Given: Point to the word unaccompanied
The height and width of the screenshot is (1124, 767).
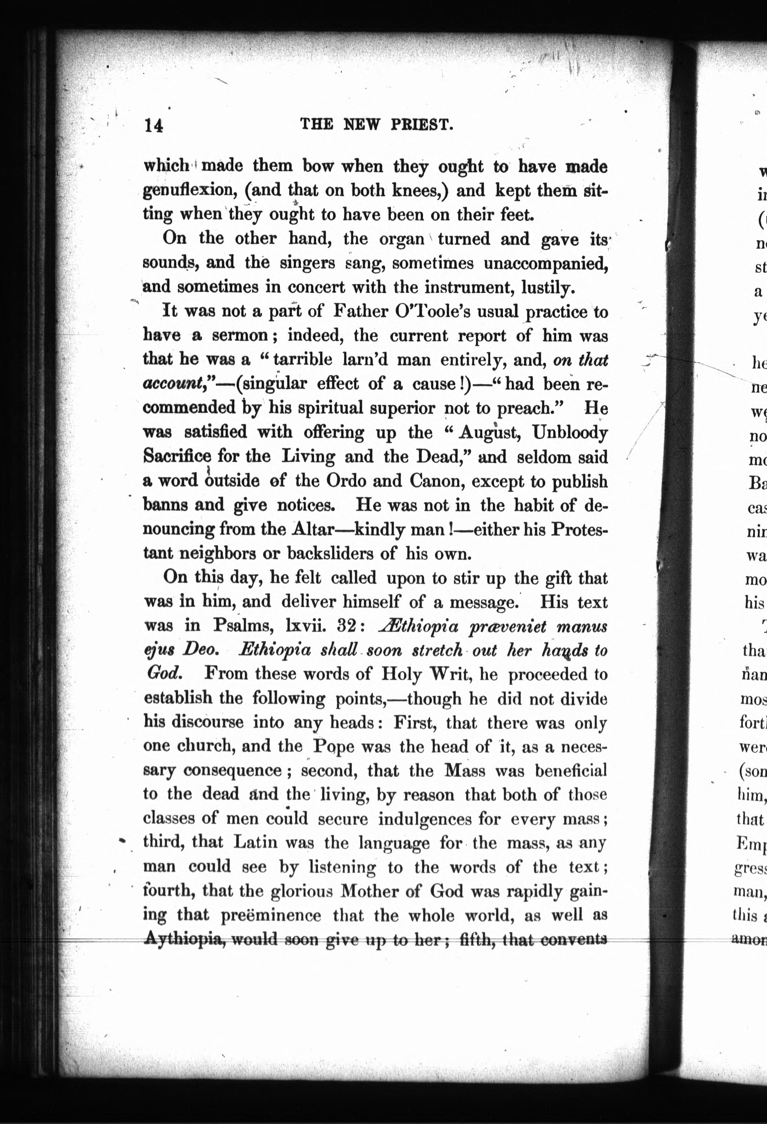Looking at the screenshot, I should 545,263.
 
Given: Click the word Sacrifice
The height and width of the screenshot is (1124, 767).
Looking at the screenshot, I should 177,456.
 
